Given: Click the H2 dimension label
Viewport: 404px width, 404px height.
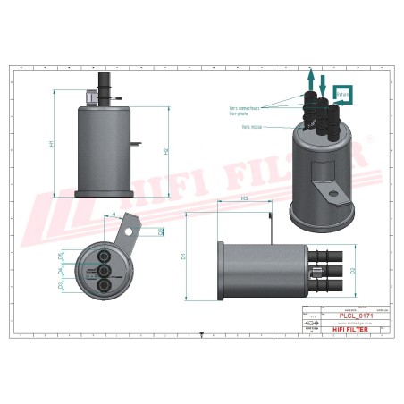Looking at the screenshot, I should point(167,151).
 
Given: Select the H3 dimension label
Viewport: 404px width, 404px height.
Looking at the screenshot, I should point(244,198).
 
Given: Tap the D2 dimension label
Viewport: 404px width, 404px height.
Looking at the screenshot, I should point(354,269).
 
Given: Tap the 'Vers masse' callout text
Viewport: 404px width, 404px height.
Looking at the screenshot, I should point(251,127).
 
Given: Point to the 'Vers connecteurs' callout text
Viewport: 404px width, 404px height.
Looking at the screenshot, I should point(244,108).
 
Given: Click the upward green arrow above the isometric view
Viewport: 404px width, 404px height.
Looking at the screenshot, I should point(310,79).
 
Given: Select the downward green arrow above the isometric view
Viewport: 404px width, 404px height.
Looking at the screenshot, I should point(323,84).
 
